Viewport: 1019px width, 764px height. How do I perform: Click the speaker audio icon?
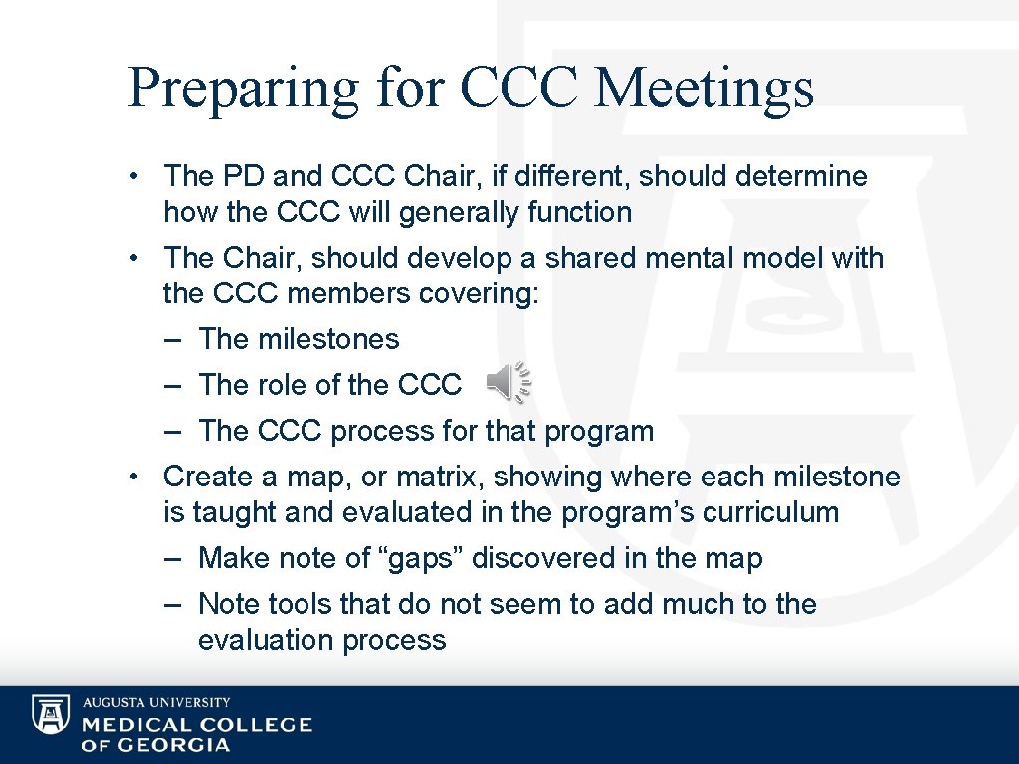pos(509,383)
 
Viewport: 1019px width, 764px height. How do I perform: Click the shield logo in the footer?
pos(51,714)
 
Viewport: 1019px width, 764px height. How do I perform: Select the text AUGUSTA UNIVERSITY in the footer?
pos(156,702)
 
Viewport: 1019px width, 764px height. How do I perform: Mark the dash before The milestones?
pos(174,339)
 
